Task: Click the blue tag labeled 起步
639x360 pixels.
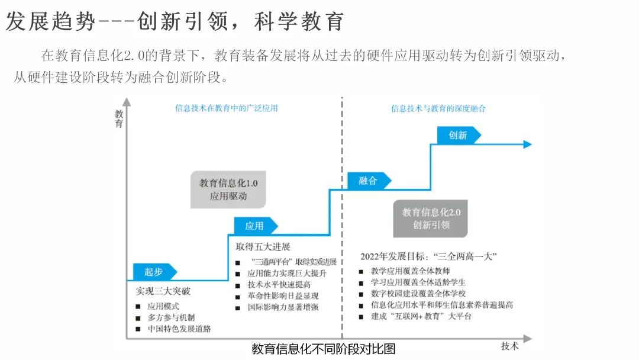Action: [x=153, y=272]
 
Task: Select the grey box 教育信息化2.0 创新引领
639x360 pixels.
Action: [x=431, y=218]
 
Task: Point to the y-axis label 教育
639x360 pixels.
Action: [x=119, y=118]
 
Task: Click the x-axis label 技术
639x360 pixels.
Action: [x=510, y=346]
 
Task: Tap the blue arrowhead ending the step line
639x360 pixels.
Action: [x=527, y=144]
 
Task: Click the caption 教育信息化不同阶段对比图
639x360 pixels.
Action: [x=323, y=349]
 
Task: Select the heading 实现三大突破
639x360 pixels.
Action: [x=163, y=291]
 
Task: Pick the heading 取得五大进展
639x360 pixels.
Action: [x=263, y=246]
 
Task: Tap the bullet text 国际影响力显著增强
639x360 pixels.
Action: [x=287, y=307]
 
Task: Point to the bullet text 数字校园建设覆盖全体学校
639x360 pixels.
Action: [x=418, y=293]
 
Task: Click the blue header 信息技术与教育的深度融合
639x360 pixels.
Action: [x=438, y=108]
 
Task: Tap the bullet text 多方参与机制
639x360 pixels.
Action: [x=171, y=317]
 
